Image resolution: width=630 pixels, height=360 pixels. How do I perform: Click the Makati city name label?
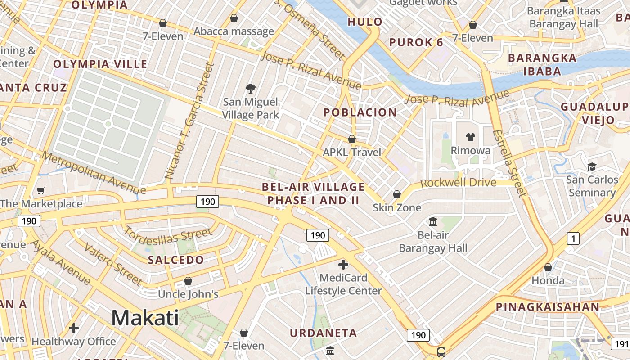[x=145, y=318]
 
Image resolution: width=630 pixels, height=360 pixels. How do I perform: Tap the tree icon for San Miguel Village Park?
[x=250, y=89]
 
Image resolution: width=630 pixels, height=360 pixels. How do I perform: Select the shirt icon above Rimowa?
[x=470, y=137]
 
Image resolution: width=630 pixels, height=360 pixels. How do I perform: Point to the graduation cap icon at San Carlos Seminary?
[x=592, y=166]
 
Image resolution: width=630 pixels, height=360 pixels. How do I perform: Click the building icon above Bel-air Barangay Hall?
[x=433, y=221]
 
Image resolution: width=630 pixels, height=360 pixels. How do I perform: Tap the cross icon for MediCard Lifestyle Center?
[x=343, y=264]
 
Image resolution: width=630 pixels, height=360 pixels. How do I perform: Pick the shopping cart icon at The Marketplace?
[x=41, y=191]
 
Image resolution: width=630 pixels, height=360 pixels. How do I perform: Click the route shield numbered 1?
[x=573, y=238]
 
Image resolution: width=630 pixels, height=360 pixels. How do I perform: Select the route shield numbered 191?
[x=620, y=344]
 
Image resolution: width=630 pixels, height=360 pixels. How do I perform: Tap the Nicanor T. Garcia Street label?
[x=189, y=121]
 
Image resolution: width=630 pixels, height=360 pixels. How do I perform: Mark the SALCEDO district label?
[x=176, y=260]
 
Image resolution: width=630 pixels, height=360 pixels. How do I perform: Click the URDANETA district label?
[x=323, y=333]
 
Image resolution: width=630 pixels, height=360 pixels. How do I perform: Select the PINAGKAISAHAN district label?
[x=547, y=307]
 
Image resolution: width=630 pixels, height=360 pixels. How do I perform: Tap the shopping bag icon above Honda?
[x=548, y=267]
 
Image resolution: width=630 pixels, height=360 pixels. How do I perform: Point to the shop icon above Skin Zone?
[x=396, y=194]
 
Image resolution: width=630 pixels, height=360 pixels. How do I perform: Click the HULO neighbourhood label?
[x=365, y=22]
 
